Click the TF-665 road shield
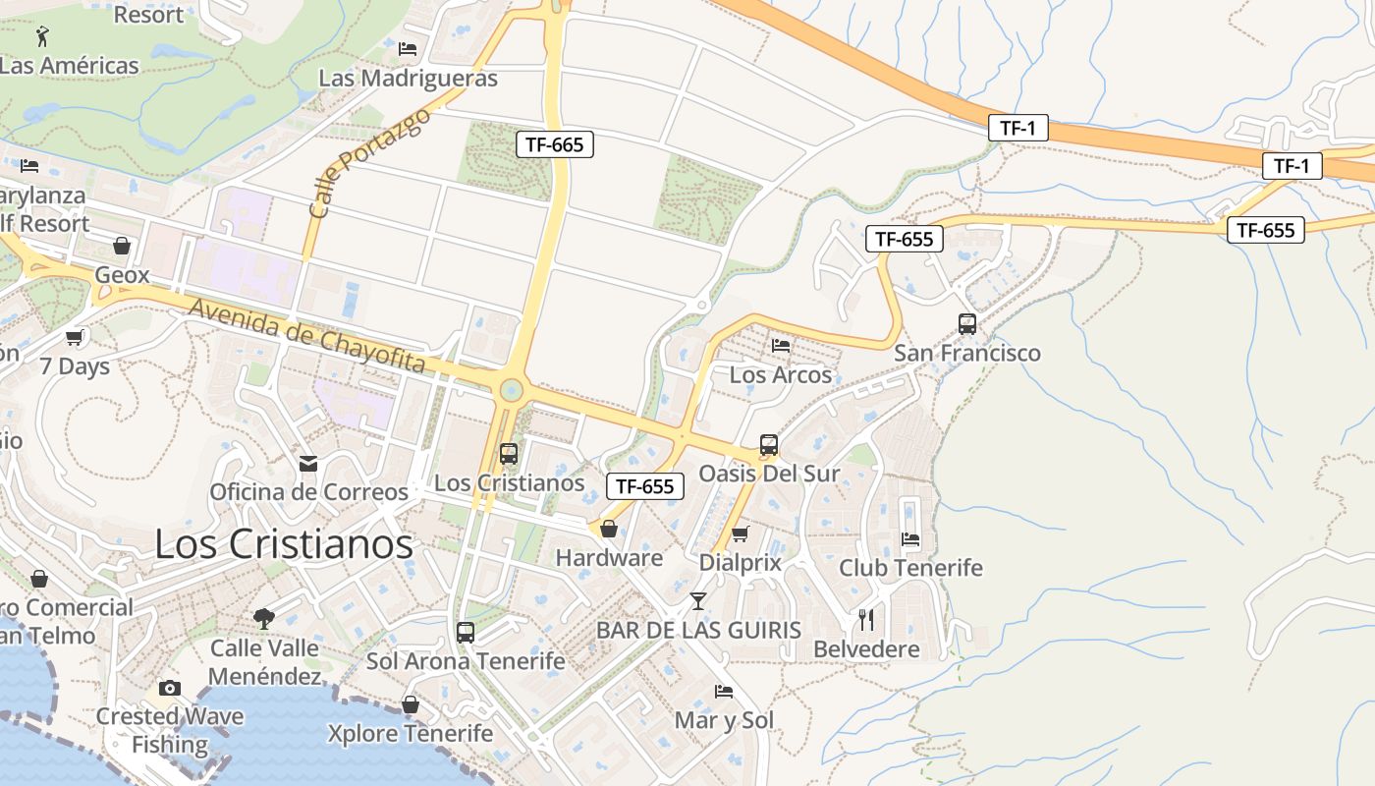tap(554, 145)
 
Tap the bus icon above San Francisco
tap(966, 323)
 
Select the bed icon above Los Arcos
tap(781, 345)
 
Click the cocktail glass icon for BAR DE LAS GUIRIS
tap(697, 600)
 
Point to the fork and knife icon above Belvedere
tap(866, 620)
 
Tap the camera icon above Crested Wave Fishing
tap(170, 688)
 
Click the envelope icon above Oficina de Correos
tap(308, 463)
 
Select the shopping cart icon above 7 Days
tap(75, 338)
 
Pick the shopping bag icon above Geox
tap(122, 246)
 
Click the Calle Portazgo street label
tap(369, 163)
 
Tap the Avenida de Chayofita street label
tap(307, 336)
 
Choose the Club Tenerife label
tap(910, 568)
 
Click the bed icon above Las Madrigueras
tap(408, 48)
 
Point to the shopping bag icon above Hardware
tap(609, 529)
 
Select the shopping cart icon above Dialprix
tap(741, 533)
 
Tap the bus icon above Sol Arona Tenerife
tap(466, 632)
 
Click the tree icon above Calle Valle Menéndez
tap(263, 618)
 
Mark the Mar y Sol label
tap(724, 720)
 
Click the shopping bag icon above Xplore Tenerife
tap(411, 704)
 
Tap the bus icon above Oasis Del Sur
tap(769, 444)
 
